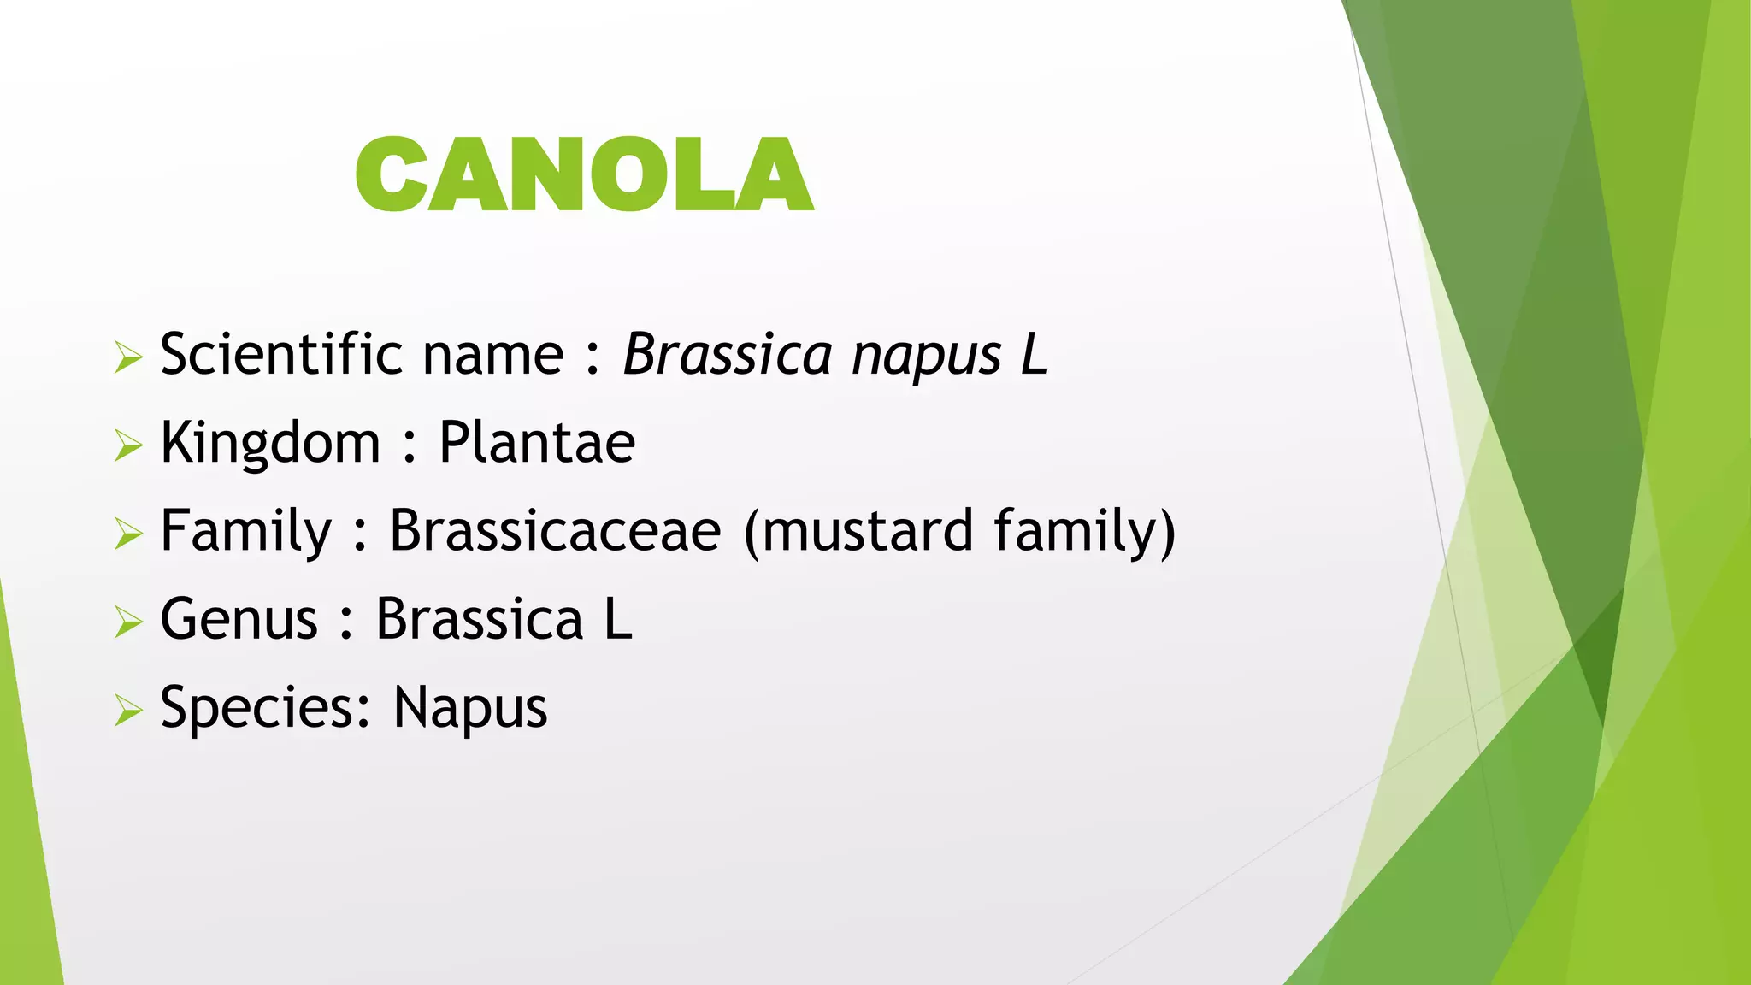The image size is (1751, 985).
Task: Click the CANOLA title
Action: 584,174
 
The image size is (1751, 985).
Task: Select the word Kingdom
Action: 270,444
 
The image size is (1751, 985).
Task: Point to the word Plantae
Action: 537,443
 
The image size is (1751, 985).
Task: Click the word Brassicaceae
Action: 556,531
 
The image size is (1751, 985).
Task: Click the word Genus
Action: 239,619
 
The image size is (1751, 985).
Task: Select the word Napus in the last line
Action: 470,709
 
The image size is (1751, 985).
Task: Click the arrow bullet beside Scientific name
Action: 127,357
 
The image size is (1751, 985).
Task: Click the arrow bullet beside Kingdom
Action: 127,445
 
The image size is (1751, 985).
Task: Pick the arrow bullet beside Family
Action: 127,534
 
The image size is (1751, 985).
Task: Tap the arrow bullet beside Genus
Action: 127,622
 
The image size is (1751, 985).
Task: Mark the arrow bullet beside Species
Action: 127,711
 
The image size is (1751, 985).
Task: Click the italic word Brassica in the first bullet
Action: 727,354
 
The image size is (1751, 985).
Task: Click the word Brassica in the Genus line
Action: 480,619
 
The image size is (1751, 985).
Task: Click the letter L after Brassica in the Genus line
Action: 618,619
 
